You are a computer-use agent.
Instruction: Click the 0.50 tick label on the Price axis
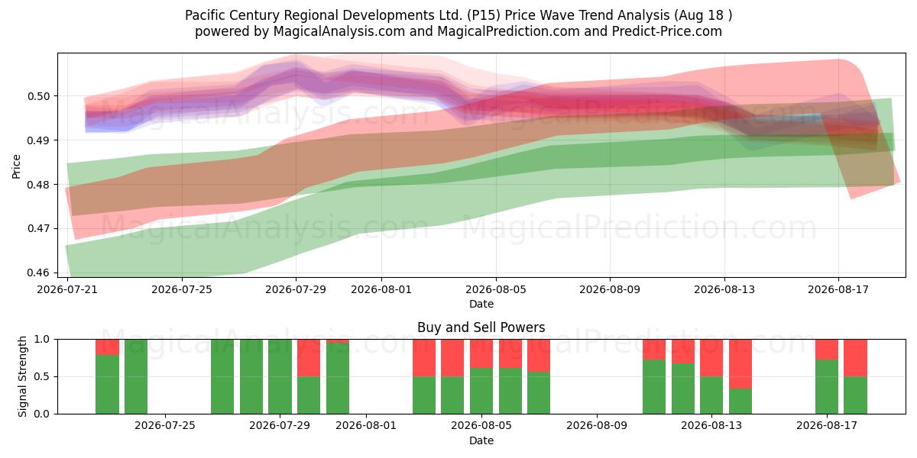(38, 96)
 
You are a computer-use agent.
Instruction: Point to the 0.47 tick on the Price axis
(38, 228)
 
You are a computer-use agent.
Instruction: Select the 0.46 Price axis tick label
(38, 273)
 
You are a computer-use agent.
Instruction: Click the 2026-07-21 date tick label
(67, 289)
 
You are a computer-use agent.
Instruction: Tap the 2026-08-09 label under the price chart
(610, 289)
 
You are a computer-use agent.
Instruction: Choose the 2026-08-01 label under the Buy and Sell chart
(366, 426)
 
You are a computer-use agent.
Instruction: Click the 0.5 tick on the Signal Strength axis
(42, 376)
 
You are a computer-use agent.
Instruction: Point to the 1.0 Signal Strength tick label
(42, 340)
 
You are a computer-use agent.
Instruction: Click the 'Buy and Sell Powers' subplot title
(481, 327)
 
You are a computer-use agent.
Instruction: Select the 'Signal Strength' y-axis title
(22, 376)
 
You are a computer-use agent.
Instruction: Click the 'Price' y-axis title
(16, 167)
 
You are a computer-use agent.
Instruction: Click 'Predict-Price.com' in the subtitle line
(667, 31)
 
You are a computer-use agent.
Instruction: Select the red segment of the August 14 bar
(740, 364)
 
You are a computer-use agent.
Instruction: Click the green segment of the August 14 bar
(740, 402)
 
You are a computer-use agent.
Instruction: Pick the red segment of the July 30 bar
(309, 358)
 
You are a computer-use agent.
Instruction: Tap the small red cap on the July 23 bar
(107, 347)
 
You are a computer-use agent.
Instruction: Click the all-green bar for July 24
(136, 376)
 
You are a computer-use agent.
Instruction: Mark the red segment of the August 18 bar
(855, 358)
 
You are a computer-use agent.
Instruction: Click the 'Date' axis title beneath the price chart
(481, 305)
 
